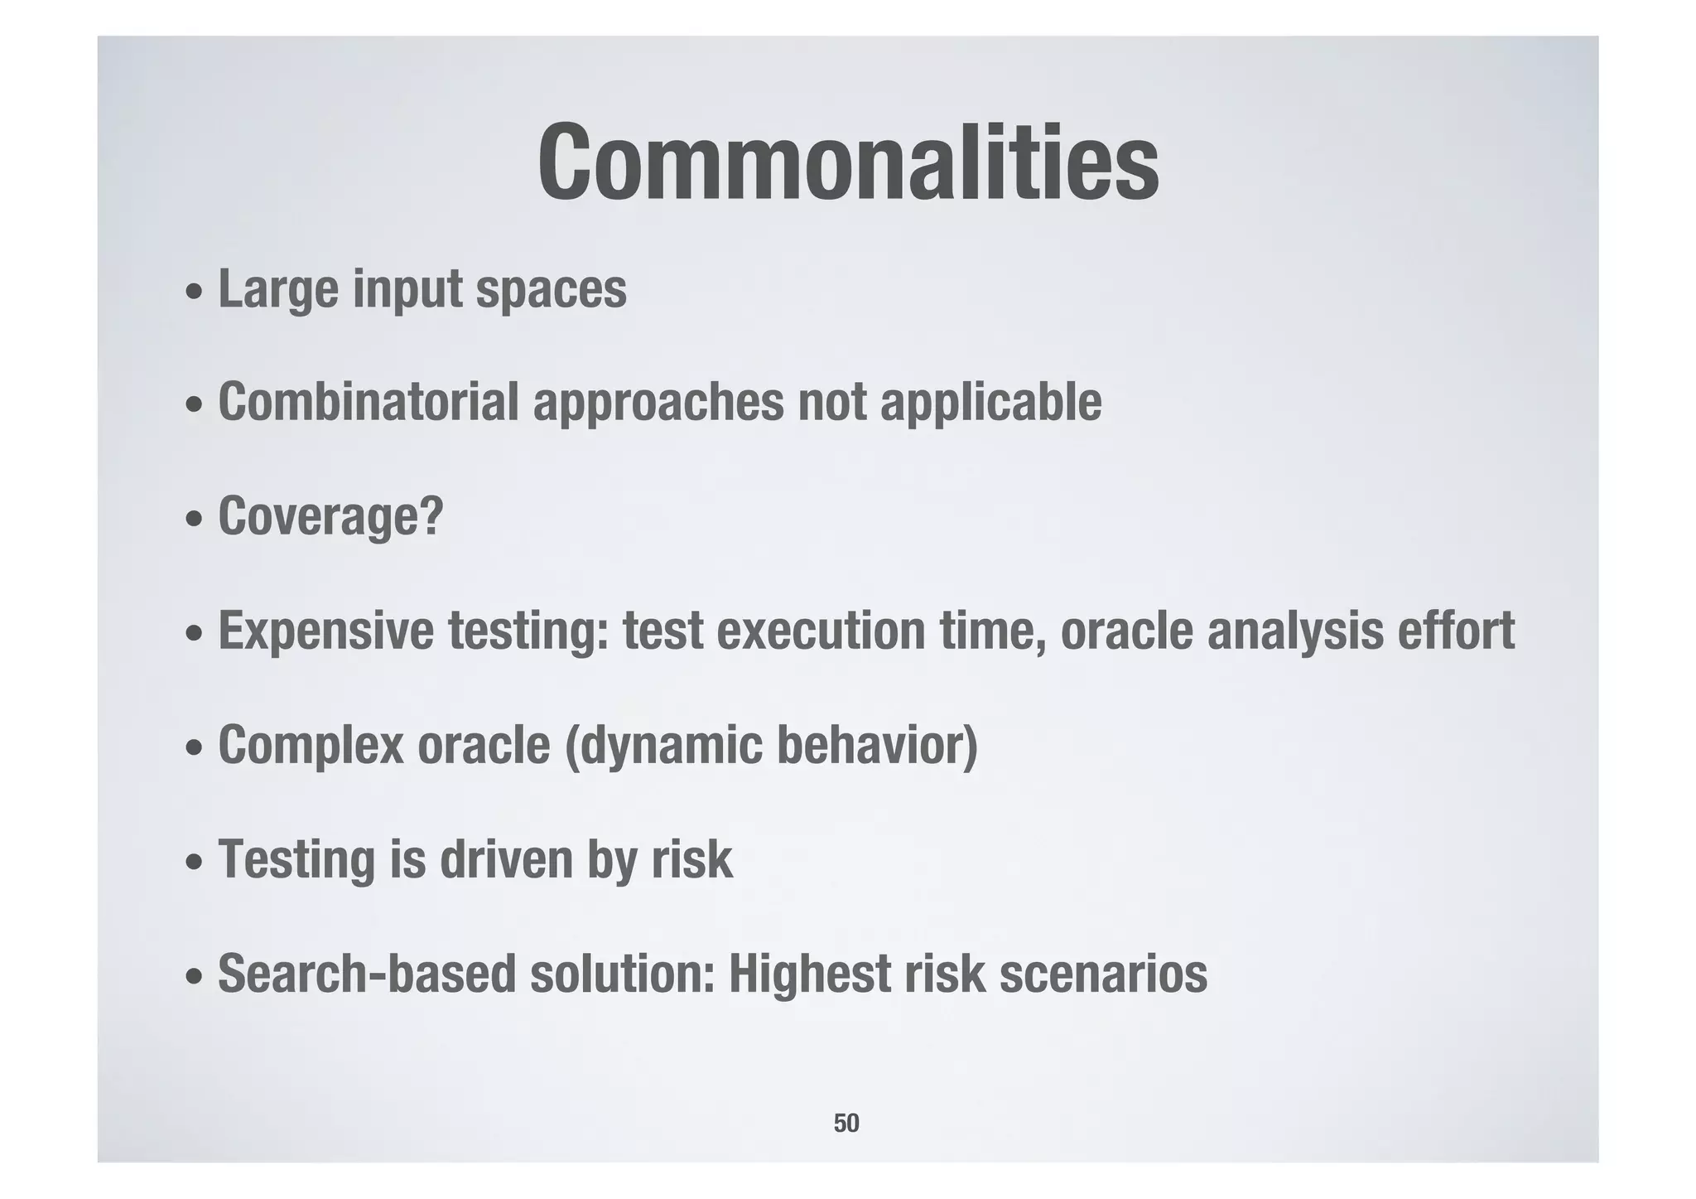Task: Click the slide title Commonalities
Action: pos(848,163)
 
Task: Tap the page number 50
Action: pos(846,1123)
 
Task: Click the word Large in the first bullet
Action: pos(278,289)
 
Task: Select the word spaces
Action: pos(551,289)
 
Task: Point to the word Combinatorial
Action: pos(368,403)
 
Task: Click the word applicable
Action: pos(990,403)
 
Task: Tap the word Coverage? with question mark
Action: pos(331,516)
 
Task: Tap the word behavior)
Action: pos(877,744)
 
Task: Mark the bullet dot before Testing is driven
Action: pos(193,863)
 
